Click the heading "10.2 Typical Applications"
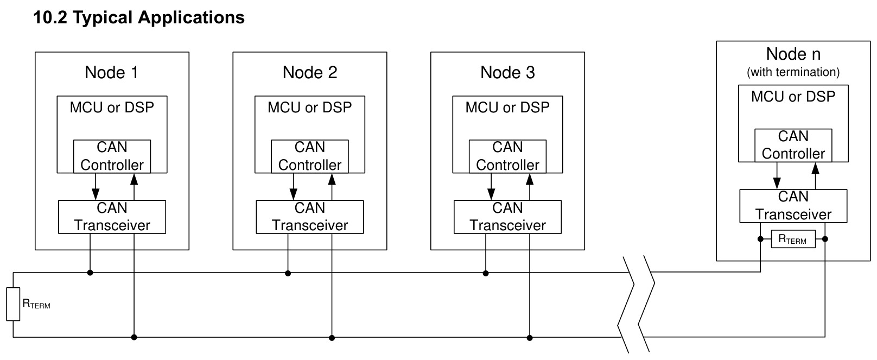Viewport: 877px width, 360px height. click(x=139, y=17)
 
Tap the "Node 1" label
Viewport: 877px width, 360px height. click(x=112, y=72)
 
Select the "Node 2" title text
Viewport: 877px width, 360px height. click(x=310, y=72)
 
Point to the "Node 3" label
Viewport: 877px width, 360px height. click(x=507, y=72)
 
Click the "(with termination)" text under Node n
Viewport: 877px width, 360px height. click(x=793, y=72)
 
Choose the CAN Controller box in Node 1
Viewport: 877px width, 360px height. click(x=112, y=156)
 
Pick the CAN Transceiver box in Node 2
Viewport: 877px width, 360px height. click(x=310, y=217)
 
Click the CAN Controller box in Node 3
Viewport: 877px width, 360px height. click(x=507, y=156)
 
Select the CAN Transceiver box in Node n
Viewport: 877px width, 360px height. click(x=793, y=206)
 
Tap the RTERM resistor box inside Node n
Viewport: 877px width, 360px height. click(x=793, y=239)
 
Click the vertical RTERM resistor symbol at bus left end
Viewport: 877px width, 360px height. click(x=13, y=305)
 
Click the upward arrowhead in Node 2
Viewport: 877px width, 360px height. click(x=332, y=179)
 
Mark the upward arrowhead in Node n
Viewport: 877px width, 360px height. click(x=816, y=168)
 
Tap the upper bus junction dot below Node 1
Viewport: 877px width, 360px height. click(x=90, y=273)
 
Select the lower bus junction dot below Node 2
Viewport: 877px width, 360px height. click(x=332, y=338)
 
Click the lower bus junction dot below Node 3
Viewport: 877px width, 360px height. click(x=530, y=338)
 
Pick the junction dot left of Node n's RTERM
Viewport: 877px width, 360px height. click(x=760, y=239)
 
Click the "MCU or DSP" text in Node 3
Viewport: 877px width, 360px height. click(x=507, y=108)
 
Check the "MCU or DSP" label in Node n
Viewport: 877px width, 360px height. click(x=793, y=96)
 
